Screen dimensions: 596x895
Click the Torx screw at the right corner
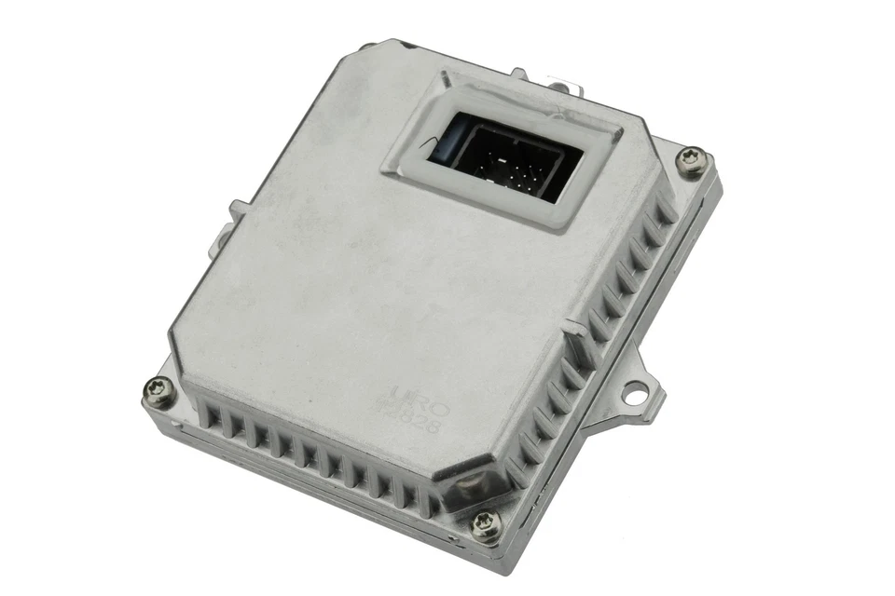[692, 160]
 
